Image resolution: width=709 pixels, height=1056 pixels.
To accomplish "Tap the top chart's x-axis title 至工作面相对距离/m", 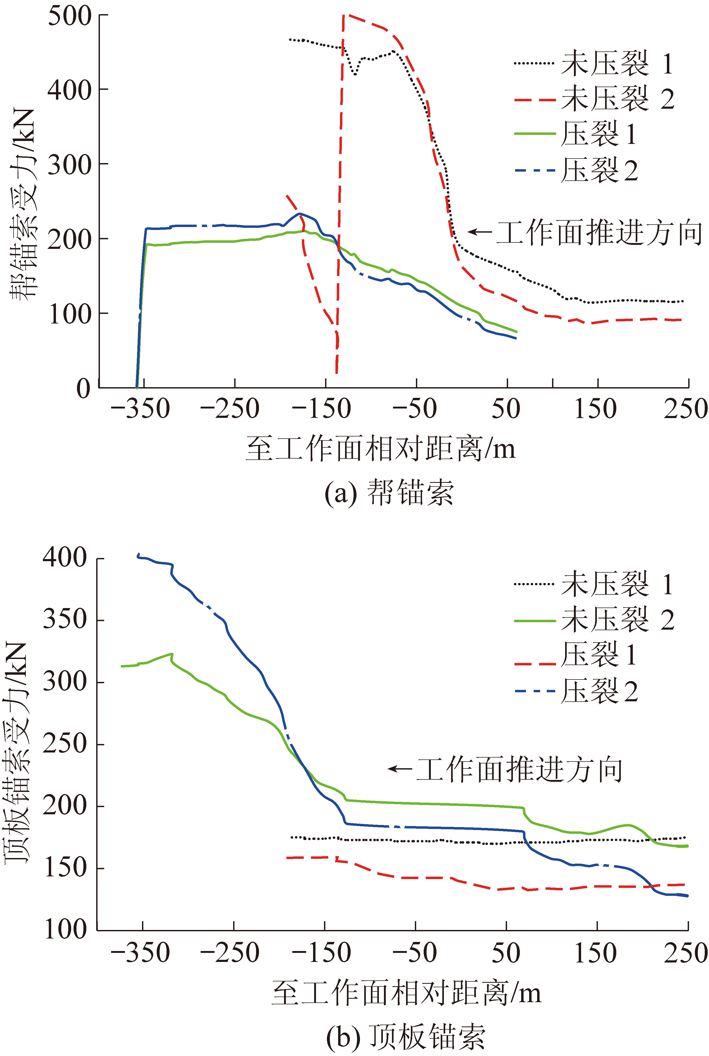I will tap(380, 449).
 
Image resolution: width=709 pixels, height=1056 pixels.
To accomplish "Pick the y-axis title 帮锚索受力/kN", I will tap(22, 204).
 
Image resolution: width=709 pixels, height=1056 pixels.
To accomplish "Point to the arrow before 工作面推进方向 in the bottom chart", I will tap(400, 769).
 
